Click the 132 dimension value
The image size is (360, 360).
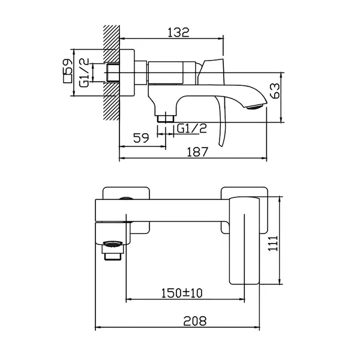click(x=179, y=32)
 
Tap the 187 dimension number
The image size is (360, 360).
click(x=197, y=152)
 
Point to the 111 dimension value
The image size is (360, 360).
click(x=273, y=244)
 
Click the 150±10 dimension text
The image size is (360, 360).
click(x=182, y=293)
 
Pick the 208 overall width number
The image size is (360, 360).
click(x=195, y=321)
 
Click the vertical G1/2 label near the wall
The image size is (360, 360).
click(x=84, y=73)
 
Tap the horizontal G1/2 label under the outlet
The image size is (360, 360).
click(x=192, y=128)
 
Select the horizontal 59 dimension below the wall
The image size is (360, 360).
click(x=141, y=138)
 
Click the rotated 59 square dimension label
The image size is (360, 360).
click(x=67, y=67)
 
